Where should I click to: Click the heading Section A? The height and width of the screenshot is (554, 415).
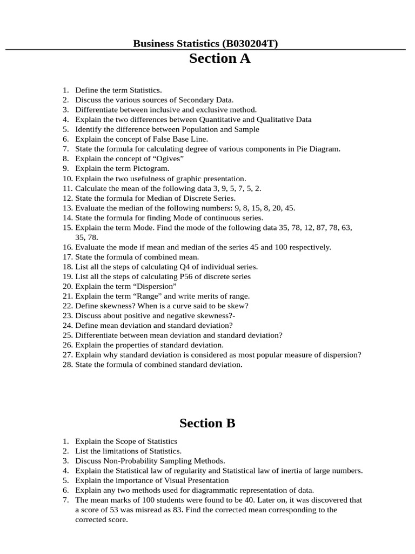[219, 59]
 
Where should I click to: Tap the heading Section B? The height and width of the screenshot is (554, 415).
[207, 423]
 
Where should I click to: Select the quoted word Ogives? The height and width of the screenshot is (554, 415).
[170, 159]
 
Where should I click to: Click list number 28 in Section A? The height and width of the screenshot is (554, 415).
[67, 365]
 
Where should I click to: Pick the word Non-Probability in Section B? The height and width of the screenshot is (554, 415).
[132, 461]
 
